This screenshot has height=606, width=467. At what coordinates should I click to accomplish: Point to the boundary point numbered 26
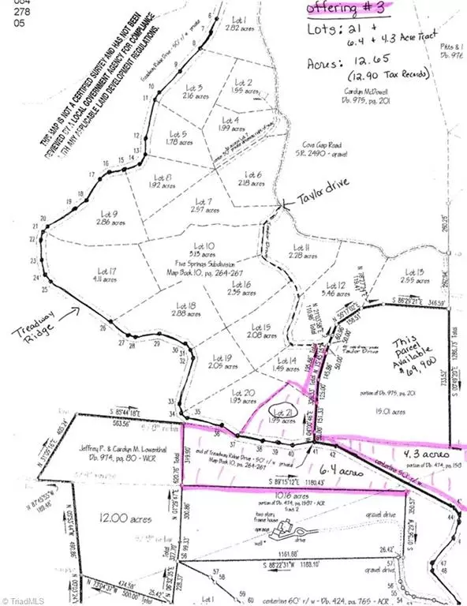[x=103, y=327]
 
